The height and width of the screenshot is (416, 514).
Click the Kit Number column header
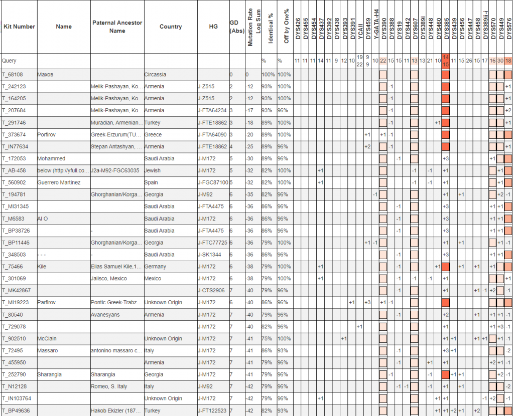pyautogui.click(x=19, y=27)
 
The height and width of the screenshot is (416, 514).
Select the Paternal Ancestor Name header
pyautogui.click(x=117, y=27)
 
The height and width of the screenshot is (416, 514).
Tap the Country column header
pyautogui.click(x=170, y=27)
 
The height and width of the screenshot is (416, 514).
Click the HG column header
pyautogui.click(x=213, y=27)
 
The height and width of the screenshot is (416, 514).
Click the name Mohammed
pyautogui.click(x=51, y=158)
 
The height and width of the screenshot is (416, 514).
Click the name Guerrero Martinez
pyautogui.click(x=59, y=182)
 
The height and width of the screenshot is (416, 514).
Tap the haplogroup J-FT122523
pyautogui.click(x=213, y=410)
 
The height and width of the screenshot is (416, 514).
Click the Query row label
pyautogui.click(x=9, y=61)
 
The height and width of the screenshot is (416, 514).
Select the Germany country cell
pyautogui.click(x=155, y=267)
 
